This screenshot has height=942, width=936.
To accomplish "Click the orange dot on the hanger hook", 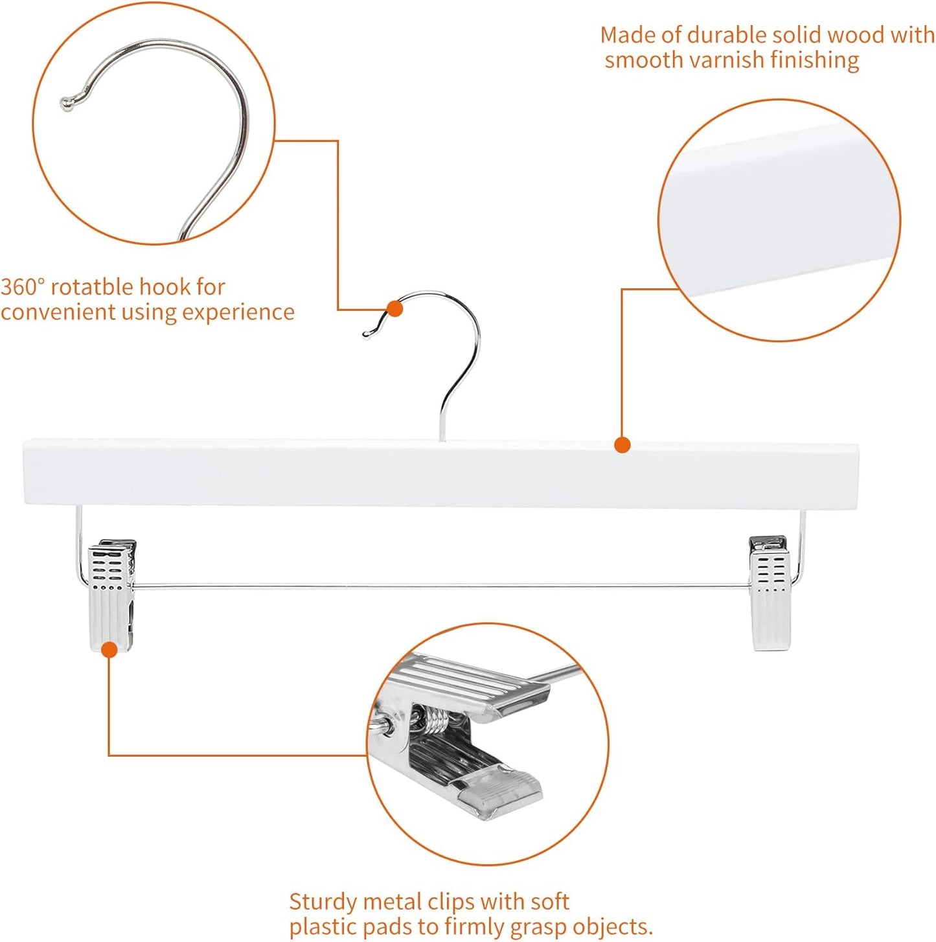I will [x=394, y=309].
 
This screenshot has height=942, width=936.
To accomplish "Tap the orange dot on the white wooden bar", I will [x=622, y=445].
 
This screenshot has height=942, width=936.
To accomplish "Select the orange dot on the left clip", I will [x=110, y=649].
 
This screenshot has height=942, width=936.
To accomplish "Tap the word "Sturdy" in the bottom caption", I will [x=323, y=901].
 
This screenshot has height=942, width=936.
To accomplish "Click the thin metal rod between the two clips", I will [x=440, y=587].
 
